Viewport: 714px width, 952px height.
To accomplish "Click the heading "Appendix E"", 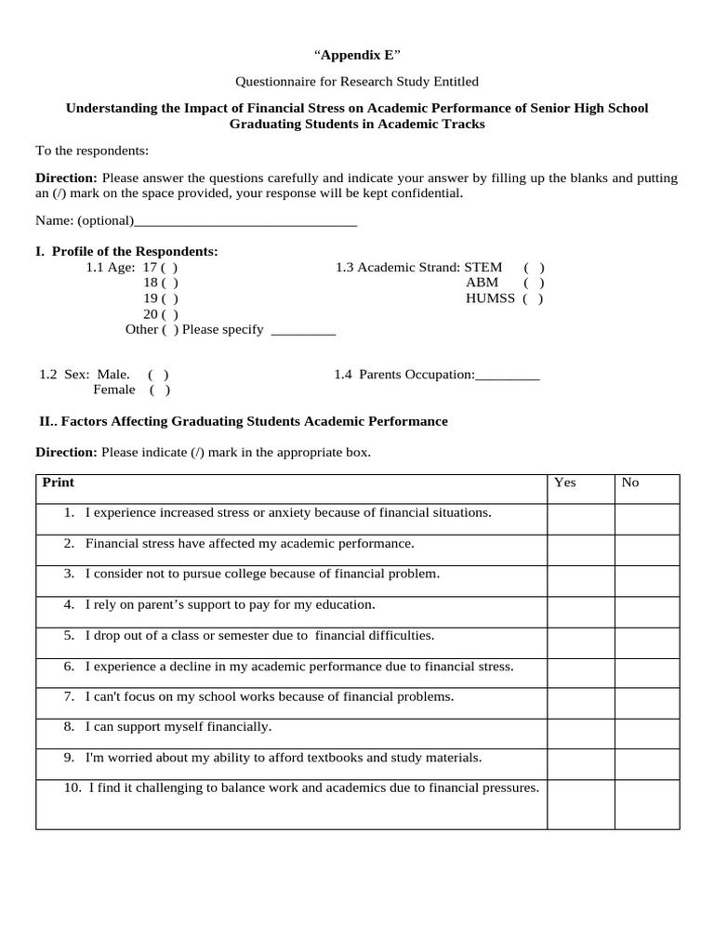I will tap(357, 56).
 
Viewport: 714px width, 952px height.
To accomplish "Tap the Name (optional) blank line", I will tap(245, 221).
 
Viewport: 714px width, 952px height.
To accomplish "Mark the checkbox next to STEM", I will tap(534, 268).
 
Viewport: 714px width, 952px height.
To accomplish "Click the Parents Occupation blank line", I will tap(507, 376).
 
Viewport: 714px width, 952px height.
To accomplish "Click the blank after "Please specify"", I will tap(302, 331).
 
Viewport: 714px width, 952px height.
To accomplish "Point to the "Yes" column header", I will tap(565, 483).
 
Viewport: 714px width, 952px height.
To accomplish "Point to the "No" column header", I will tap(630, 483).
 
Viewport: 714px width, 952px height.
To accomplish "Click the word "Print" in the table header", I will tap(59, 483).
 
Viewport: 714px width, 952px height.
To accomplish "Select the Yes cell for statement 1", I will tap(580, 520).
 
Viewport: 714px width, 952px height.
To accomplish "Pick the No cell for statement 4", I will tap(647, 612).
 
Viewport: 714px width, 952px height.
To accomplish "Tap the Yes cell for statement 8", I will tap(580, 734).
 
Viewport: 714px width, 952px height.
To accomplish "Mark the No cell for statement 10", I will tap(647, 804).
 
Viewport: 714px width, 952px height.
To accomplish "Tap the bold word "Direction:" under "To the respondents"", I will tap(66, 178).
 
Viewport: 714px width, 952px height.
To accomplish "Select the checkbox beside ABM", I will tap(534, 284).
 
